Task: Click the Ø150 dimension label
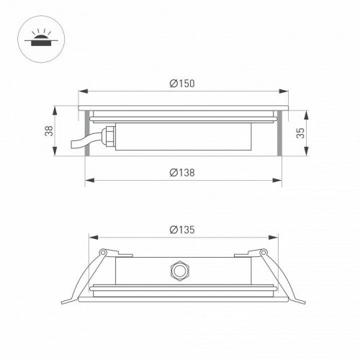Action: [183, 84]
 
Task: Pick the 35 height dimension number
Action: [316, 133]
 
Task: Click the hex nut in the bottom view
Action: [176, 271]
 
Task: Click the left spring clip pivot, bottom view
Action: [104, 252]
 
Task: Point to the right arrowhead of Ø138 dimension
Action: [279, 181]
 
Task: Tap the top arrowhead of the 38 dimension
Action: [55, 111]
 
